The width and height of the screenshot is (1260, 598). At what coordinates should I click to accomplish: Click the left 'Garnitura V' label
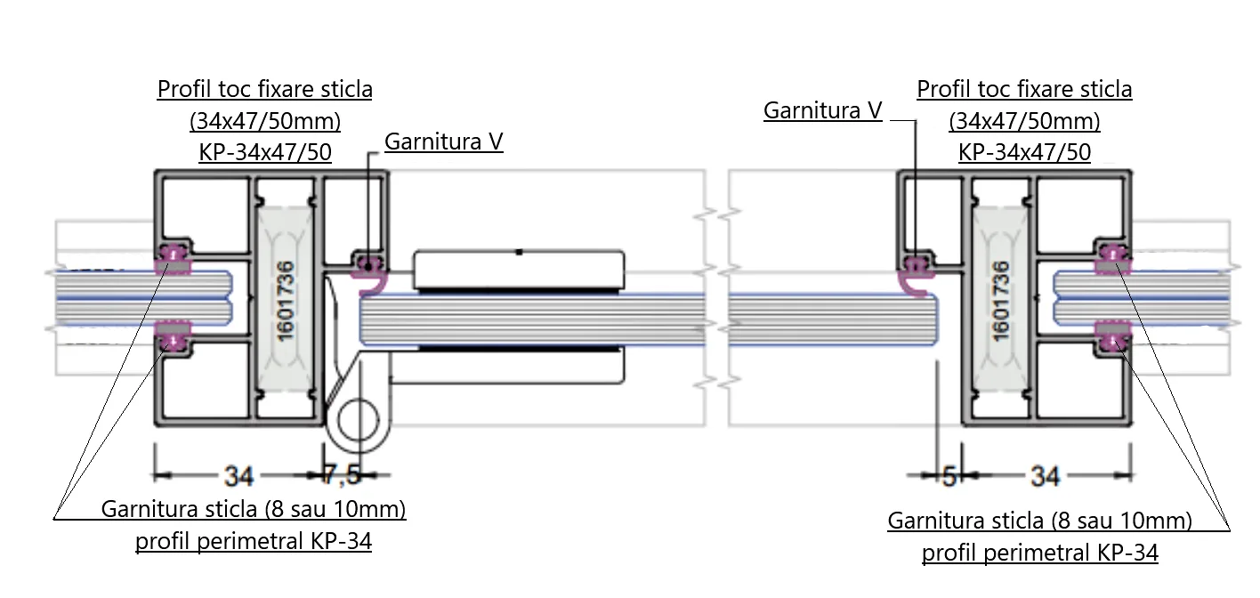click(x=444, y=141)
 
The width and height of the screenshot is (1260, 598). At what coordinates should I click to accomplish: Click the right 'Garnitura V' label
click(x=822, y=110)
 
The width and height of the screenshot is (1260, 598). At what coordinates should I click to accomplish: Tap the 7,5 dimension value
click(x=342, y=475)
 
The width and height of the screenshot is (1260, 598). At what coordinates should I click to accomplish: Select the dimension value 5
click(x=949, y=476)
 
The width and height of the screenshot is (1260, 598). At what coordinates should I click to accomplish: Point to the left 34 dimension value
click(x=239, y=476)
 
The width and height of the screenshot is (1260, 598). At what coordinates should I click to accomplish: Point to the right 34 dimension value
click(x=1046, y=476)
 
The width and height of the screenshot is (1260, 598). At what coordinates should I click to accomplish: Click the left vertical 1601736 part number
click(x=287, y=301)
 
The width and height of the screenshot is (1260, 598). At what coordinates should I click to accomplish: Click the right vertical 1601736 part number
click(x=1001, y=301)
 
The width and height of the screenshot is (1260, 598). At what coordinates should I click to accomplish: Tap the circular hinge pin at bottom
click(x=359, y=421)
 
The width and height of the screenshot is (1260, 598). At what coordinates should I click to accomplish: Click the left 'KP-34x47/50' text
click(x=265, y=152)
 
